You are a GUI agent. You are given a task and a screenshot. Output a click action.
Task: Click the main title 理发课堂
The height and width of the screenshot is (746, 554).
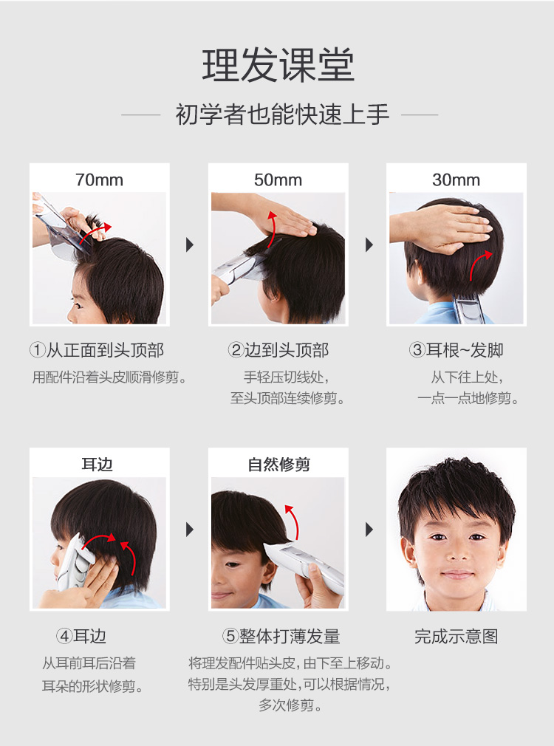pos(278,65)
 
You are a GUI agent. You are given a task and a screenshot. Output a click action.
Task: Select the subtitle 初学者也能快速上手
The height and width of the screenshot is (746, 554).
pos(283,114)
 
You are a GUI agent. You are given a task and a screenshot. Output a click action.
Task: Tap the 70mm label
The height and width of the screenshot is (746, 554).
pos(99,179)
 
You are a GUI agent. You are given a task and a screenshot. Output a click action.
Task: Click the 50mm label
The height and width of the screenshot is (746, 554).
pos(278,179)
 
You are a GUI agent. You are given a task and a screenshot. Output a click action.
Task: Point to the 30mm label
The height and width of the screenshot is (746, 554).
pos(456,179)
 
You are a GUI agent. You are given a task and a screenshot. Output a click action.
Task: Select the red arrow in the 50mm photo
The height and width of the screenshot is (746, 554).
pos(270,228)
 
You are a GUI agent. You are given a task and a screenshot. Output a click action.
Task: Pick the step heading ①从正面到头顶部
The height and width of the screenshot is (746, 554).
pos(97,351)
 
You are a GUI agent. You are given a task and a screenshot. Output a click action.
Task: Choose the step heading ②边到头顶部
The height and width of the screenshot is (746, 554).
pos(278,351)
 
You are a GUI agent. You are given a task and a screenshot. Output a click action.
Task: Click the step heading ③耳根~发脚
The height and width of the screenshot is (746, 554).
pos(456,351)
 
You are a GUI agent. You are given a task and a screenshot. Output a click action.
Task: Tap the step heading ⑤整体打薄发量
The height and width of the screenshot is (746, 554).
pos(281,636)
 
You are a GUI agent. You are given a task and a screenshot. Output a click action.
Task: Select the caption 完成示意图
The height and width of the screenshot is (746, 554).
pos(456,636)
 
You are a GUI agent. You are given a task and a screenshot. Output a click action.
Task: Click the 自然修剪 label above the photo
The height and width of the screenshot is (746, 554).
pos(279,465)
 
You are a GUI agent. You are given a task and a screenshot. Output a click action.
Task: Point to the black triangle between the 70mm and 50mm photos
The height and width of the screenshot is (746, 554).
pos(190,245)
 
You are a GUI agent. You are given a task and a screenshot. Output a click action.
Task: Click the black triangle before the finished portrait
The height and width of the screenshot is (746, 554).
pos(369,530)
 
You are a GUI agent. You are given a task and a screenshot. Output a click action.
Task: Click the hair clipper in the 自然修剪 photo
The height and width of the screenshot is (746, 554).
pos(304,567)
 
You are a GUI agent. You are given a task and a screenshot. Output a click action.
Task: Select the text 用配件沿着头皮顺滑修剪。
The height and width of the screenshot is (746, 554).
pos(109,377)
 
